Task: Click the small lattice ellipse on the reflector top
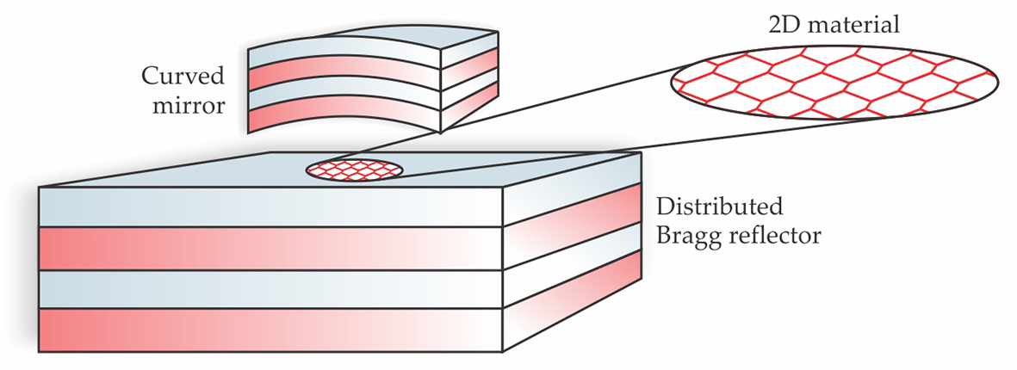tap(354, 170)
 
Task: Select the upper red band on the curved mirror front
tap(344, 76)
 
